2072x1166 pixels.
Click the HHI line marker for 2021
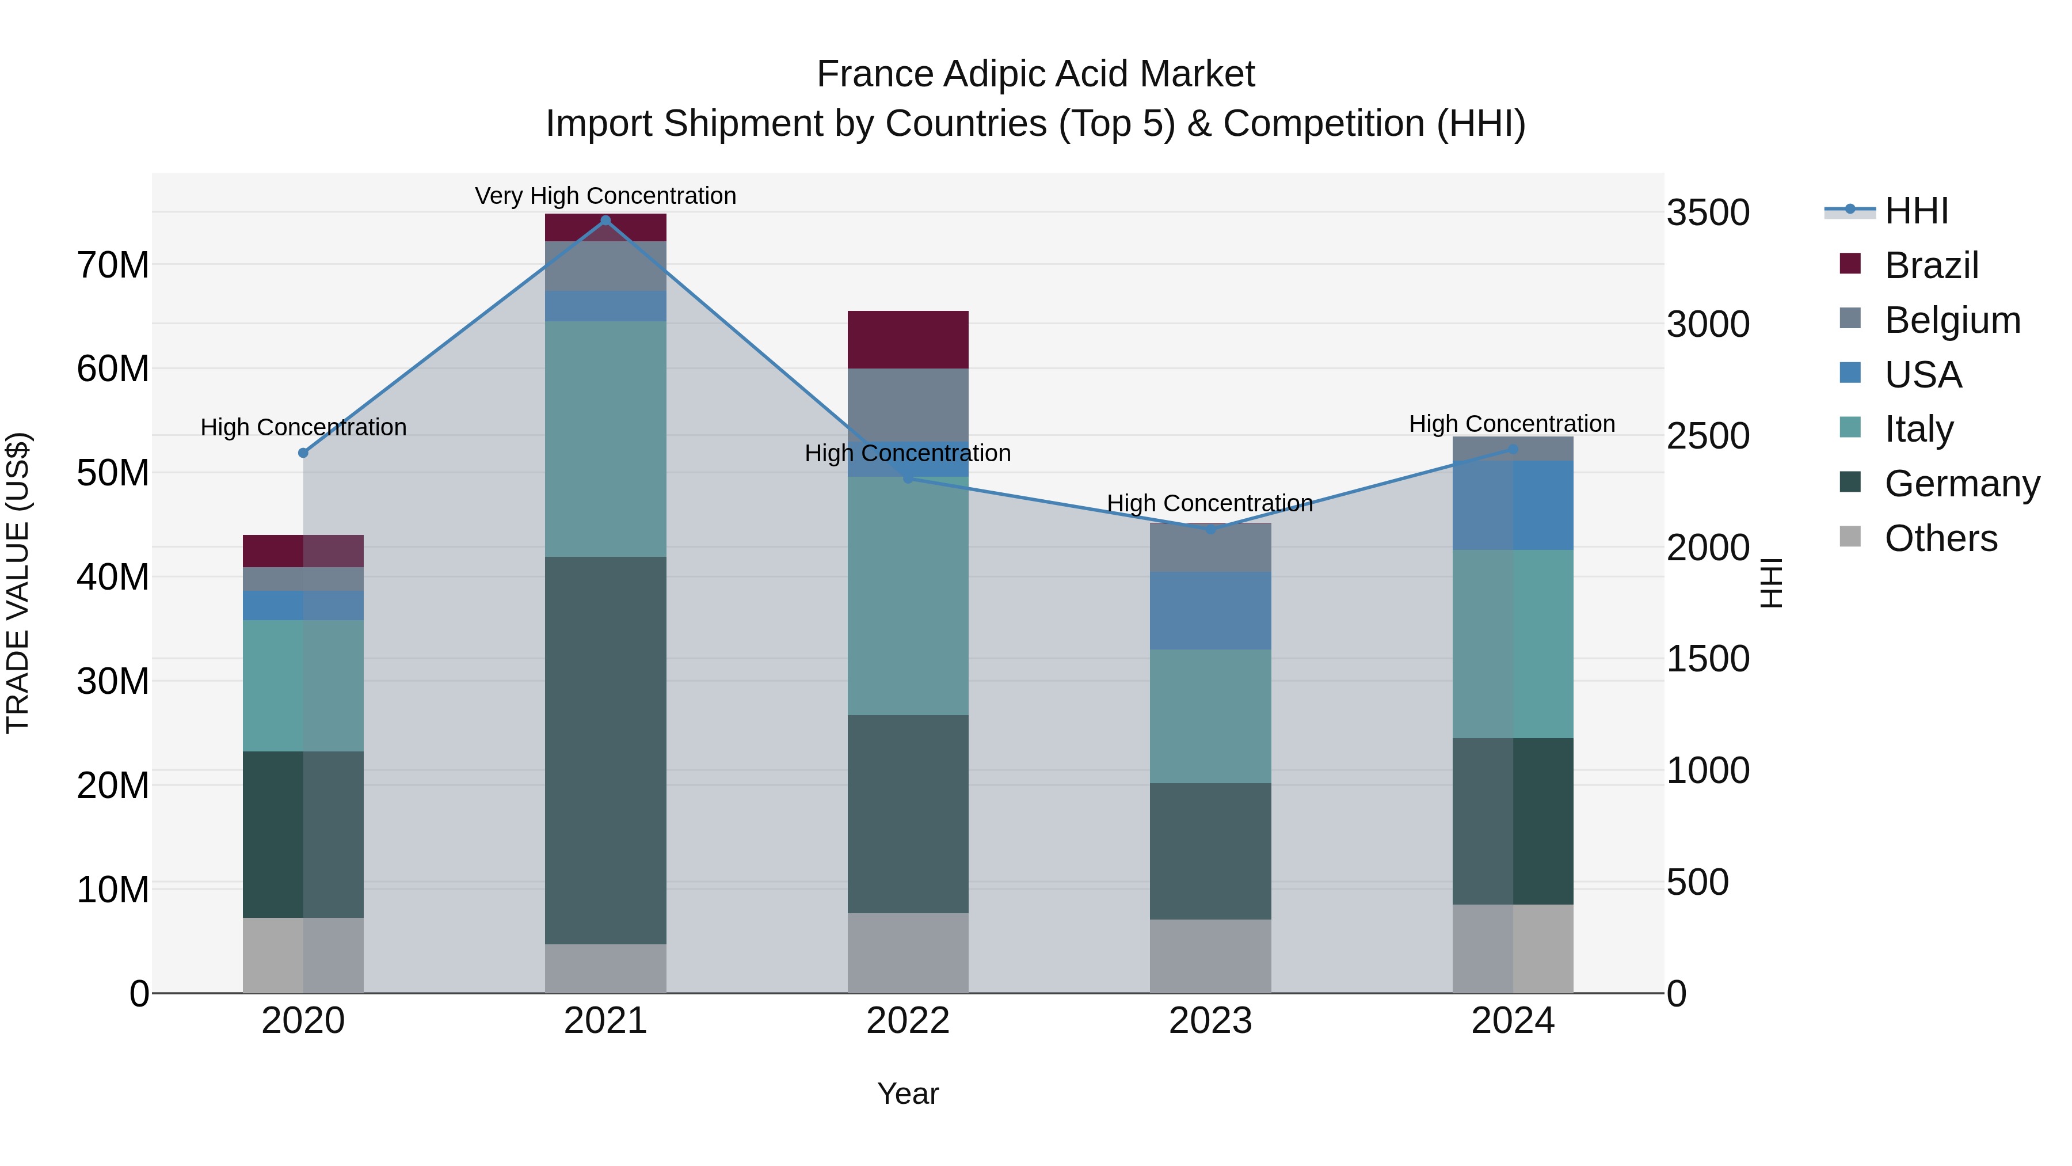[605, 221]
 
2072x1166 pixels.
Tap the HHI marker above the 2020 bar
[303, 453]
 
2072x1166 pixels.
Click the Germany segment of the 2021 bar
[605, 750]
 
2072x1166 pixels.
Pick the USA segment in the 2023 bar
[1210, 611]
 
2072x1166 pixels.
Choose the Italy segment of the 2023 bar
[1210, 716]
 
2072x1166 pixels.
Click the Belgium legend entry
[1952, 320]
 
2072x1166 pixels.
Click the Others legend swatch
[1850, 537]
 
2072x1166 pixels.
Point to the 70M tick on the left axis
[113, 265]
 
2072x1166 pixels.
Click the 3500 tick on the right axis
[1708, 213]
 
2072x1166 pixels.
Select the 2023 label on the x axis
[1210, 1021]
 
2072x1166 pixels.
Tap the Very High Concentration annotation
[605, 196]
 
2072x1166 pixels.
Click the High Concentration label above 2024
[1511, 423]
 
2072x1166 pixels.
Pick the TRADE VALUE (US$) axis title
[18, 583]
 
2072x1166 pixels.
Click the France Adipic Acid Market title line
[1035, 74]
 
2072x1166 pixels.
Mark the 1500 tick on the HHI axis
[1708, 659]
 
